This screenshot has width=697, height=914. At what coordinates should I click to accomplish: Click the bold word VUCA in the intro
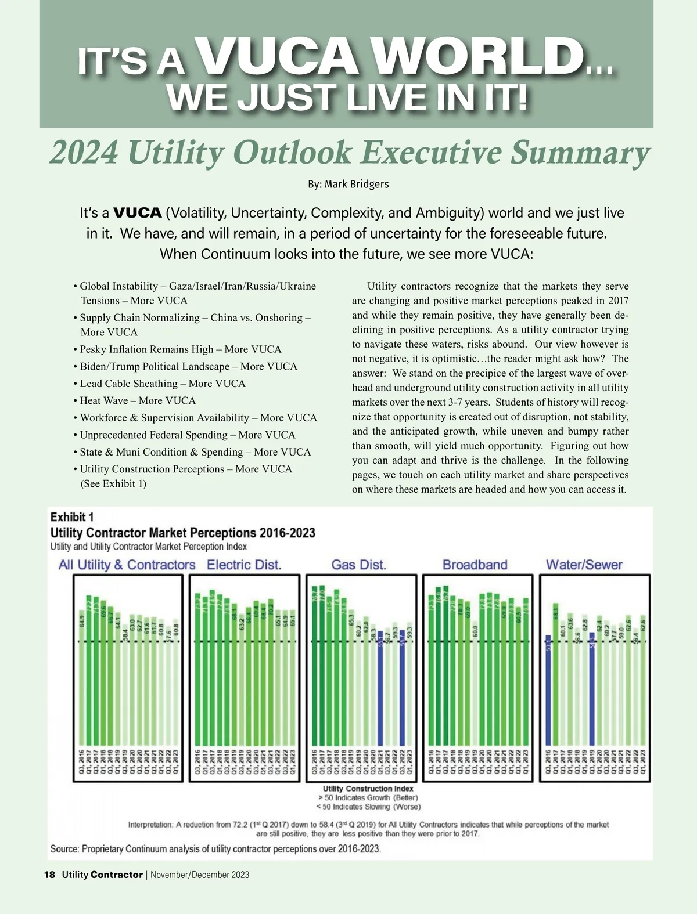(137, 213)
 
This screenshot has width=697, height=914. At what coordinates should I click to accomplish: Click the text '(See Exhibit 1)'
(113, 483)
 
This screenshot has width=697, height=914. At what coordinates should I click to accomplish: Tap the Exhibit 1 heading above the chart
(72, 516)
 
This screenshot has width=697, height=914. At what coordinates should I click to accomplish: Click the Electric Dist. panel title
(244, 565)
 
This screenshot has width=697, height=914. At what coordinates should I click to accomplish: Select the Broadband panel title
(475, 565)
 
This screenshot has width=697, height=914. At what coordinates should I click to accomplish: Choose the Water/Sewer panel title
(584, 565)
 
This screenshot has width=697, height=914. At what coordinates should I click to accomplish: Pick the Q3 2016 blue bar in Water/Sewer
(548, 691)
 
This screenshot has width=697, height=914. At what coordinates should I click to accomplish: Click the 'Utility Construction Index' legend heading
(368, 789)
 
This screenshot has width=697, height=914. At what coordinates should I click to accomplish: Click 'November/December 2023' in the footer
(200, 875)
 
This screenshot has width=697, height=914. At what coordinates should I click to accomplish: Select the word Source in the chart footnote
(64, 849)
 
